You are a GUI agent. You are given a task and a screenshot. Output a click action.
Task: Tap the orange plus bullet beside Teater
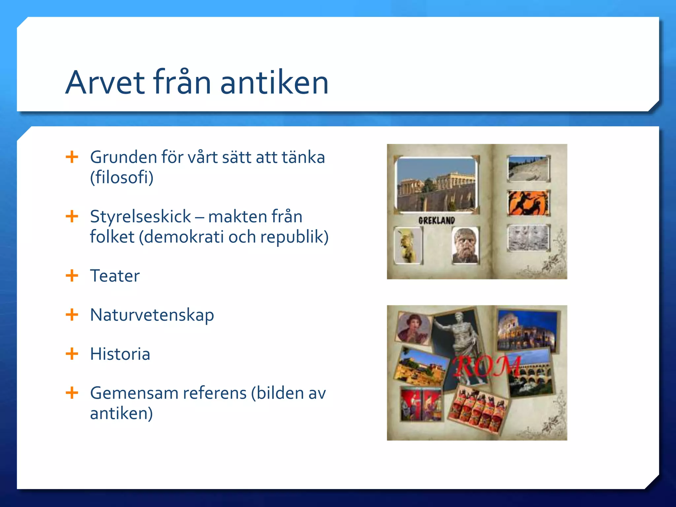click(72, 276)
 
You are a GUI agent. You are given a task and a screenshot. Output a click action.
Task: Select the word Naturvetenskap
click(152, 315)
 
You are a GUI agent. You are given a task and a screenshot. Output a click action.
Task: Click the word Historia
click(120, 354)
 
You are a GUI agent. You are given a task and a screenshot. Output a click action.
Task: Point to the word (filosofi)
click(121, 178)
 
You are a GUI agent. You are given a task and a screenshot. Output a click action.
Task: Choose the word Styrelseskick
click(140, 217)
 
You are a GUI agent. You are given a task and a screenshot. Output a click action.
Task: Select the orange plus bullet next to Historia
click(72, 354)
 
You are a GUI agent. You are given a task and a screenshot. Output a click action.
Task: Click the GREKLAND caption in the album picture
click(436, 220)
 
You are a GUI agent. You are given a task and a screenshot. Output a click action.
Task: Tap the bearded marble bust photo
click(465, 245)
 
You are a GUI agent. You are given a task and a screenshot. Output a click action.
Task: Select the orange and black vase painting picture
click(528, 203)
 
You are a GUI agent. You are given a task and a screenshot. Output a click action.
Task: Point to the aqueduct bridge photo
click(530, 373)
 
